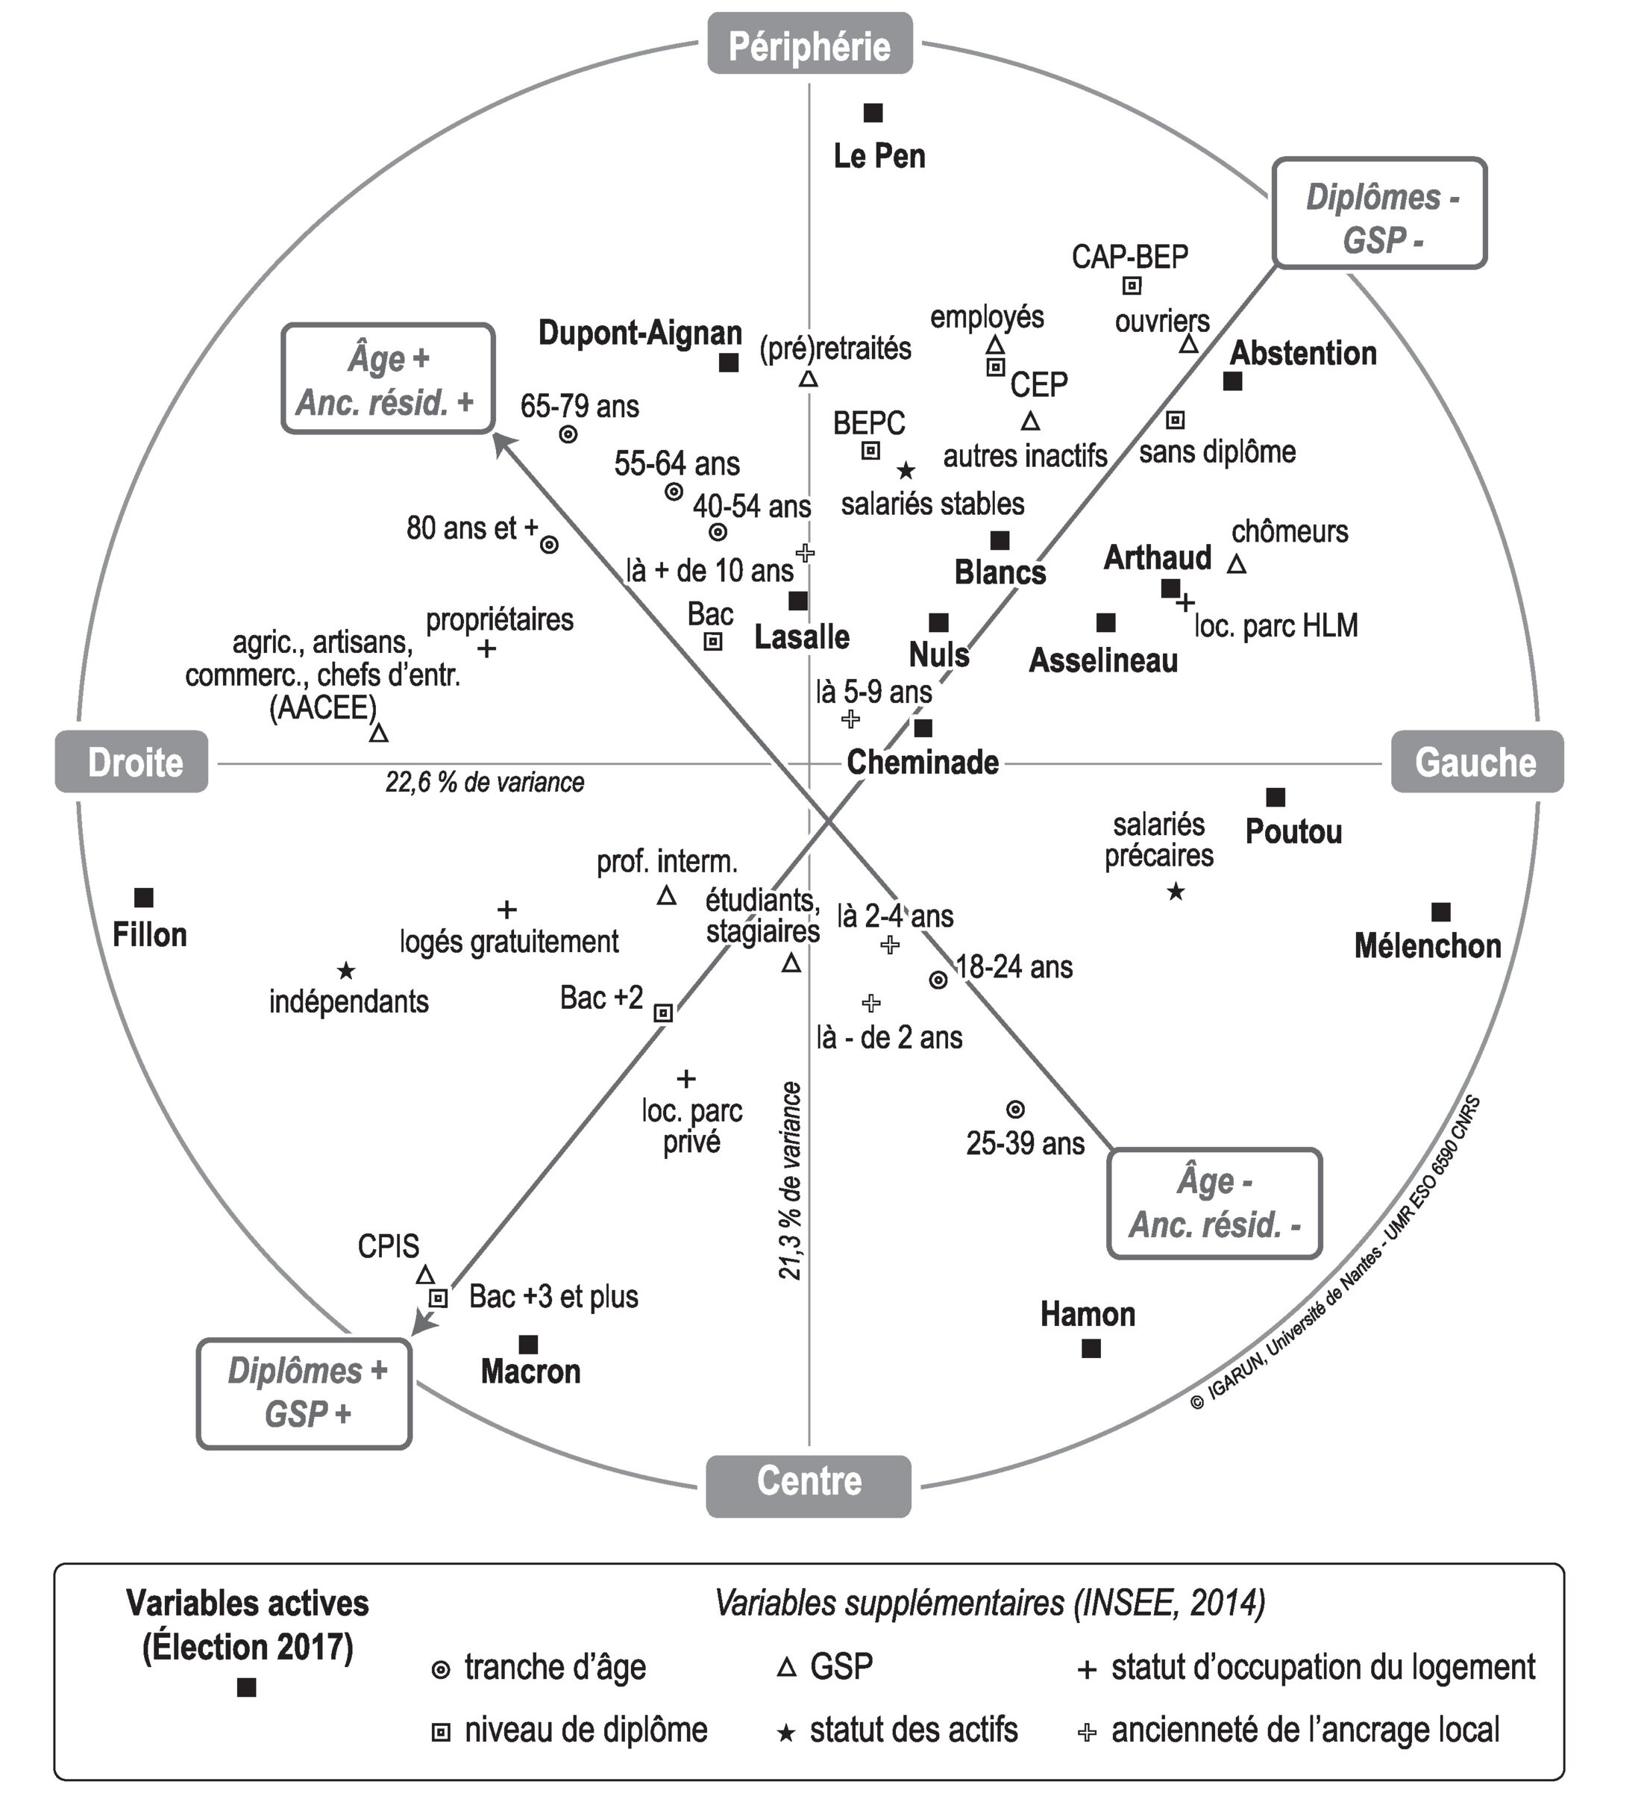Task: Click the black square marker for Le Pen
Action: [873, 113]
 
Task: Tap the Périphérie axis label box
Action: [810, 44]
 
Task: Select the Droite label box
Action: [132, 763]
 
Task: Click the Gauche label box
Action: [1476, 763]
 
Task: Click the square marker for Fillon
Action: [143, 897]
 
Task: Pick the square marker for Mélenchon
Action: [1441, 912]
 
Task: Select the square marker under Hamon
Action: [1091, 1348]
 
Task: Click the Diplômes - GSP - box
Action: [1380, 213]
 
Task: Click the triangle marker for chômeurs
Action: [1237, 564]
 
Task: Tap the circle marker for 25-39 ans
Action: [1015, 1110]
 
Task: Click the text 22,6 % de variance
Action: [484, 783]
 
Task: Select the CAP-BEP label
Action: [1130, 257]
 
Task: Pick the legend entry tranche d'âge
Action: [555, 1668]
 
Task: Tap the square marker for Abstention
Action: [1233, 381]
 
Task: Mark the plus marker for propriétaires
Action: [486, 648]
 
